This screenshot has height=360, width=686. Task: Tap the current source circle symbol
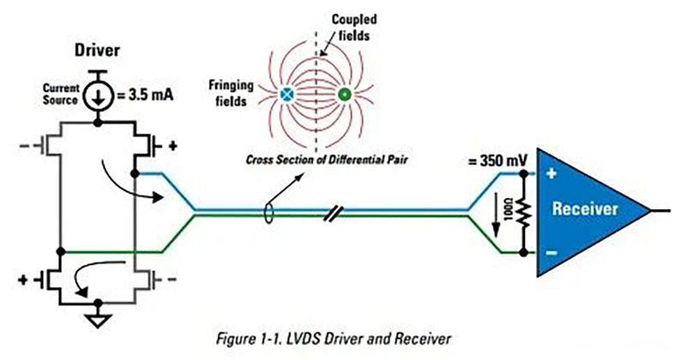tap(99, 96)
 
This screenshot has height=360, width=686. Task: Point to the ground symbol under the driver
tap(99, 321)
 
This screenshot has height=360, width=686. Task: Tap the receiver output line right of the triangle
tap(662, 210)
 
